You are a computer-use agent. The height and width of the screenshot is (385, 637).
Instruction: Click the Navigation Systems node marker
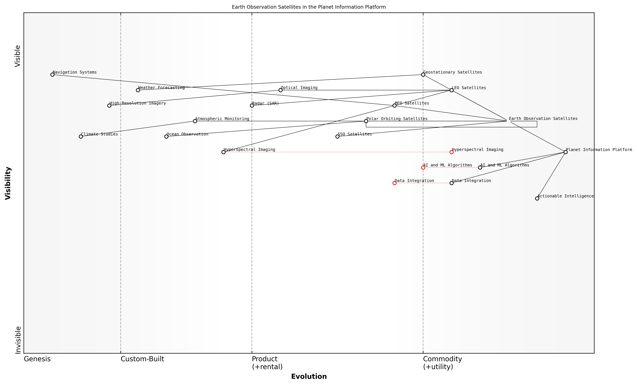(x=52, y=75)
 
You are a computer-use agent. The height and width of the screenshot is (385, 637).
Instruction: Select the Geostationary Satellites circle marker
(x=423, y=75)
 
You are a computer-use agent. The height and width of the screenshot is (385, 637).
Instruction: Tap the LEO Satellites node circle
(x=452, y=90)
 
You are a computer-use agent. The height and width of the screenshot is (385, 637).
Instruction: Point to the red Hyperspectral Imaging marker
(x=452, y=152)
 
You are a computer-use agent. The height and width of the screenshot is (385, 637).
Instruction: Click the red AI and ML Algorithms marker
(x=423, y=167)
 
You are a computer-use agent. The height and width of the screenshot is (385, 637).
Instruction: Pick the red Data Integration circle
(x=394, y=183)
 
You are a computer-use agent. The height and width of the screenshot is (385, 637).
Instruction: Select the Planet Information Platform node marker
(x=566, y=152)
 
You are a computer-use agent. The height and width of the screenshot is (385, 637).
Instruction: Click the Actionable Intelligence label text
(x=566, y=196)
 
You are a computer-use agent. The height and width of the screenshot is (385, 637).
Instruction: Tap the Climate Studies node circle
(x=81, y=136)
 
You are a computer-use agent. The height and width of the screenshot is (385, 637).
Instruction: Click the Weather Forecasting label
(x=161, y=87)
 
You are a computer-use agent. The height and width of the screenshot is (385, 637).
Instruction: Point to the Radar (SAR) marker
(x=252, y=106)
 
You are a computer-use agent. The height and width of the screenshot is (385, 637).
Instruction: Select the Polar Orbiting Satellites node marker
(x=366, y=121)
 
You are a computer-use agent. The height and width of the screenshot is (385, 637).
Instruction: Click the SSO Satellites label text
(x=355, y=134)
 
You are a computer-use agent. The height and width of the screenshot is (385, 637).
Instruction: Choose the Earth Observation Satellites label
(x=543, y=119)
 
